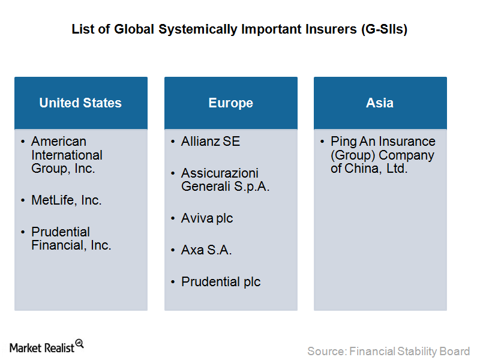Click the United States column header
click(x=81, y=103)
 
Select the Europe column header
click(x=231, y=103)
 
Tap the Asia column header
click(x=380, y=103)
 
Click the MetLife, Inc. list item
click(x=66, y=200)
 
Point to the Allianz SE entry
click(x=211, y=142)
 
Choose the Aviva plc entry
click(x=207, y=218)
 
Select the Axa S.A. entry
click(x=206, y=250)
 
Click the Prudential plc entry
click(x=221, y=282)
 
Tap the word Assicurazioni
click(x=220, y=173)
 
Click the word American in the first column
click(x=59, y=142)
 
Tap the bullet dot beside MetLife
click(x=23, y=200)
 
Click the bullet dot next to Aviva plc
click(x=173, y=218)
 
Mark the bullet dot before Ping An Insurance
click(x=322, y=142)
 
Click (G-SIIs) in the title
click(x=384, y=29)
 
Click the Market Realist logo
click(x=47, y=347)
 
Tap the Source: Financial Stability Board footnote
click(x=388, y=351)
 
